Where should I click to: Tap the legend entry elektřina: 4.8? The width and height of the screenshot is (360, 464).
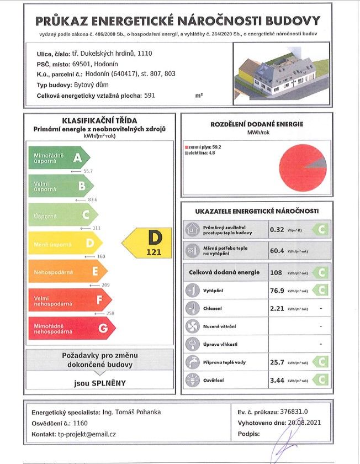tap(202, 152)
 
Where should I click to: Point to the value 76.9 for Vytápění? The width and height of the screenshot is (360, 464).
tap(278, 290)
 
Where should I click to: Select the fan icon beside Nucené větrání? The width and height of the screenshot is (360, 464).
tap(192, 326)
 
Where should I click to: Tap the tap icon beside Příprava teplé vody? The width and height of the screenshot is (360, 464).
tap(192, 362)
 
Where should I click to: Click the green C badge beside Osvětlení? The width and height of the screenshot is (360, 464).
tap(320, 380)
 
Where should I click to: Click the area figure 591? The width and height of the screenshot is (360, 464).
tap(149, 96)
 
